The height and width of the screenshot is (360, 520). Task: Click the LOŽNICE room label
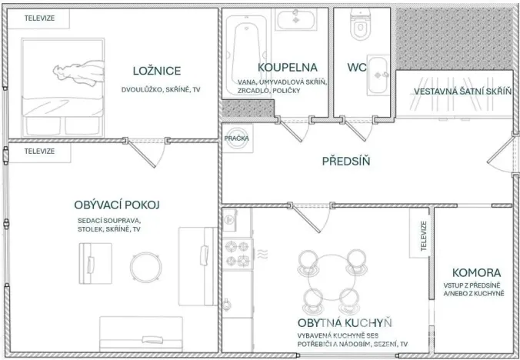[156, 72]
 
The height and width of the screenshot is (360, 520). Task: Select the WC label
[356, 68]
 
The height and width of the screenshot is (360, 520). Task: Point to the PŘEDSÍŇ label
[346, 161]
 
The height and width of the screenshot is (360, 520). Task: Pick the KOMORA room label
[477, 272]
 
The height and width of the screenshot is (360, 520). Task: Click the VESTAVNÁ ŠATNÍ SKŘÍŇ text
[463, 92]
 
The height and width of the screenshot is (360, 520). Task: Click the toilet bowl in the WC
[360, 28]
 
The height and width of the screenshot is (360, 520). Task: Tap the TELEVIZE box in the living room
[39, 152]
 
